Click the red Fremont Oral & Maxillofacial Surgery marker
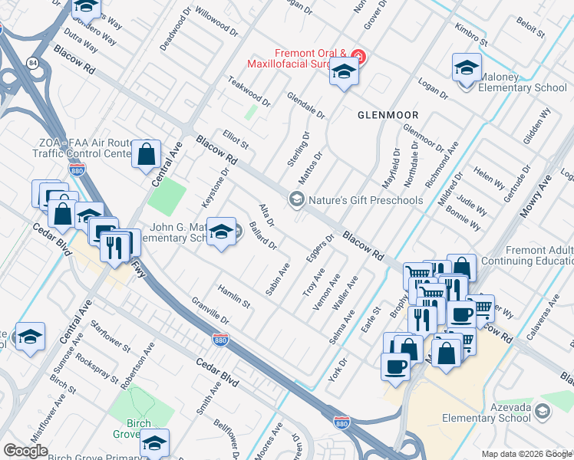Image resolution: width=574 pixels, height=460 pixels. [358, 56]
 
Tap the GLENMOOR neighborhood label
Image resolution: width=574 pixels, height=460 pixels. [388, 115]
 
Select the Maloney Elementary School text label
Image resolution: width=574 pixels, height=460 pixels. [522, 87]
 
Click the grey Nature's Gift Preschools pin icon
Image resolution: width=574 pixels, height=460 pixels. [295, 199]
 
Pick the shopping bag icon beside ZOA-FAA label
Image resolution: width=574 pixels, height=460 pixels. [146, 156]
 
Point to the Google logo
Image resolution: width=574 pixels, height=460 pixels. [25, 451]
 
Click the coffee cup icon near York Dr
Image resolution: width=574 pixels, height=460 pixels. [395, 366]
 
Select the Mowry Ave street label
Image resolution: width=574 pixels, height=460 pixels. [534, 197]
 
